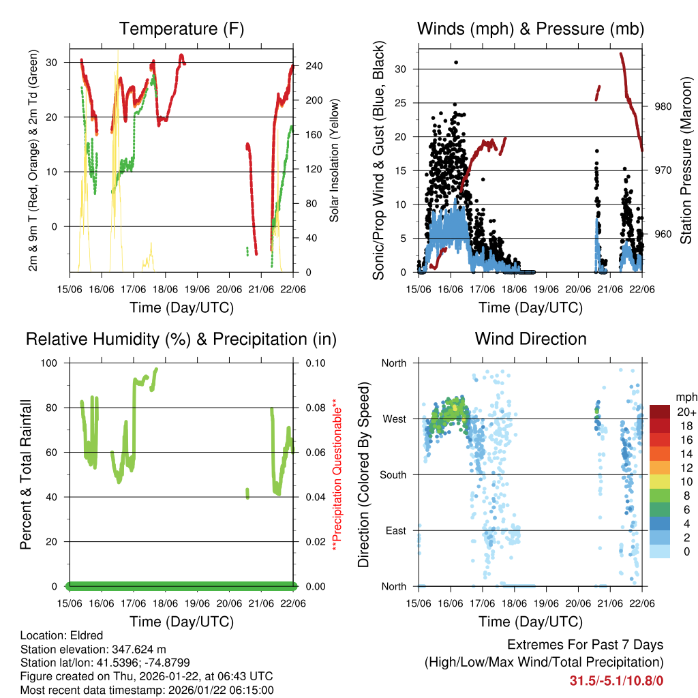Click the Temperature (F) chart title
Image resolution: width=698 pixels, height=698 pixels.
pos(181,29)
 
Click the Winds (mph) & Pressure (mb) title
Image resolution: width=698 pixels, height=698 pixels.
pos(530,29)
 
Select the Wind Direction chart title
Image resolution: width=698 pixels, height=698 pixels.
pos(530,339)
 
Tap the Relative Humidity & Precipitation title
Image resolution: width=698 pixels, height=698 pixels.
pos(181,339)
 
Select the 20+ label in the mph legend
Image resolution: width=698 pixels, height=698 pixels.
pos(685,412)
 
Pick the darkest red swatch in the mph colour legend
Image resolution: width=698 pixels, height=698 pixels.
pos(660,412)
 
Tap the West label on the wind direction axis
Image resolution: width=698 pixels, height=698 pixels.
pos(393,419)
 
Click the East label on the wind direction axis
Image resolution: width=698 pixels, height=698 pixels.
pos(395,530)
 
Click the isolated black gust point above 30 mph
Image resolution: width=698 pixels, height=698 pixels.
pos(456,62)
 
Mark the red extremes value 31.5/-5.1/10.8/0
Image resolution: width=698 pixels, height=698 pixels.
pos(616,680)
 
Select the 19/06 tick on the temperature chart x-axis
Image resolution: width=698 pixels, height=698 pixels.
pos(198,290)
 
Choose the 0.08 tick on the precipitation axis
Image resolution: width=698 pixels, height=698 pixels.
pos(308,408)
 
